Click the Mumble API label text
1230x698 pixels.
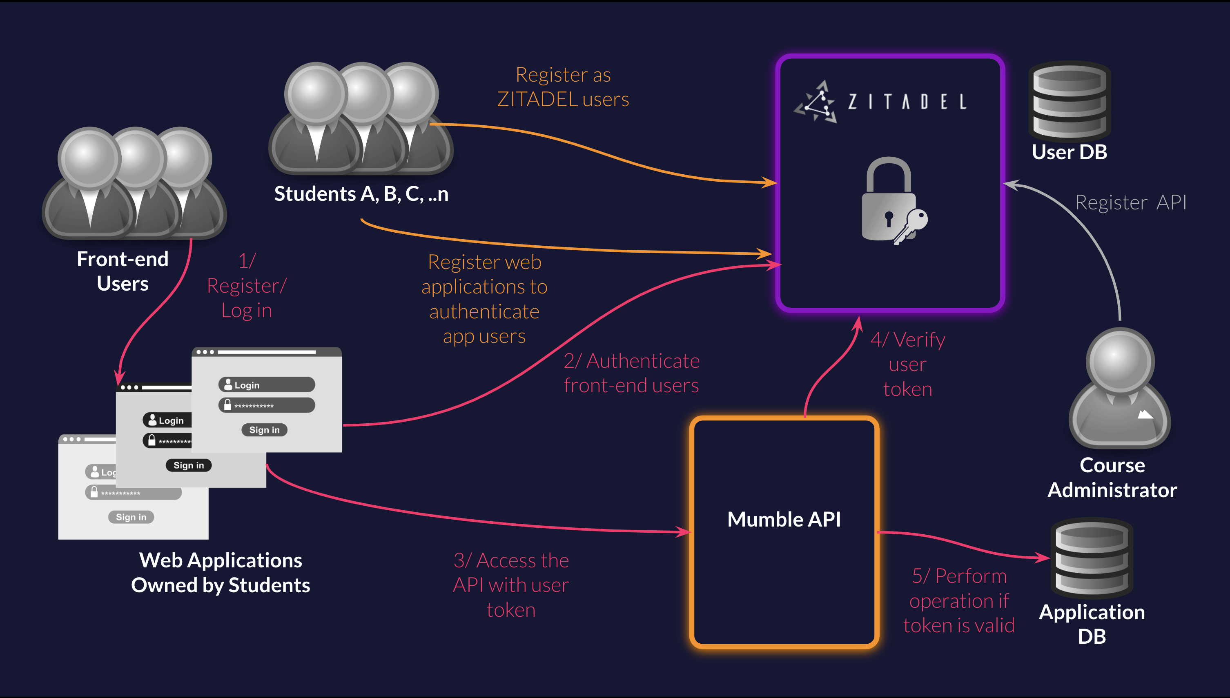[x=784, y=520]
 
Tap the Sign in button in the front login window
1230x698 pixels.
[x=264, y=430]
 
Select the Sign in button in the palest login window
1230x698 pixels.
[x=131, y=517]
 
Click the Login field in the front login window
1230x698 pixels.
[x=267, y=385]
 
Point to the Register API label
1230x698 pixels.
[x=1131, y=202]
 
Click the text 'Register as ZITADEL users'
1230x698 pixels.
[x=563, y=87]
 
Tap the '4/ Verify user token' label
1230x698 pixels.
[x=908, y=365]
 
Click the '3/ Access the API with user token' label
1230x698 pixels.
[x=511, y=585]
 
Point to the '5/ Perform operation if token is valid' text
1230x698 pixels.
[x=959, y=601]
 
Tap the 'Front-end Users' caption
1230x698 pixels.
[x=123, y=271]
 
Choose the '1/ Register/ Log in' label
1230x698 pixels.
[x=247, y=286]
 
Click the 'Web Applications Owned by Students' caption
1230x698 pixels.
[x=221, y=572]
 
